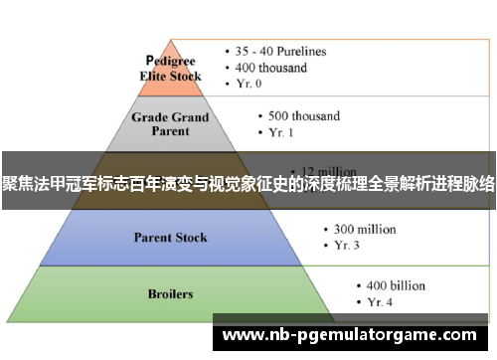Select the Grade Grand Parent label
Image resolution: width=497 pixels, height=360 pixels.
point(170,123)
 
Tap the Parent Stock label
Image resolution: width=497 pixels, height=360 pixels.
point(170,238)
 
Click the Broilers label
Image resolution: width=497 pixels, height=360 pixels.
point(170,294)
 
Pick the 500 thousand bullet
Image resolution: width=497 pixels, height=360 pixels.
point(301,115)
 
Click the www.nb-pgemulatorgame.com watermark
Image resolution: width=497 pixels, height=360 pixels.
point(353,336)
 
